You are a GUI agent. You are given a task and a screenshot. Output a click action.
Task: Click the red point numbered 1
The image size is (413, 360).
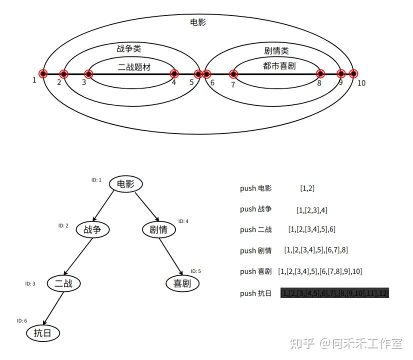(x=43, y=74)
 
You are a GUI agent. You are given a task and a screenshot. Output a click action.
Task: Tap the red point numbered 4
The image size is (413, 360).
(x=174, y=74)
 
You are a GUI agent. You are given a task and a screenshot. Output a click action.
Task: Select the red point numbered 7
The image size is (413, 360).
(x=233, y=74)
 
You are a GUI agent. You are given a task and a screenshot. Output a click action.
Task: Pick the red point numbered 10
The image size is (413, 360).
(x=353, y=74)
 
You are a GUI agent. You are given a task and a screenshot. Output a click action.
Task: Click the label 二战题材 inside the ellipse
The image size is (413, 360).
(x=134, y=67)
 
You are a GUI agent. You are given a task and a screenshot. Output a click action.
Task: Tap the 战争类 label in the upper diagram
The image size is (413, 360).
(x=128, y=48)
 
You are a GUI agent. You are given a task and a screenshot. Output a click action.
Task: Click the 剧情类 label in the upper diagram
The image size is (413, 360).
(x=276, y=50)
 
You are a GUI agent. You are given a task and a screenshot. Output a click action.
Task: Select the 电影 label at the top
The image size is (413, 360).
(x=198, y=22)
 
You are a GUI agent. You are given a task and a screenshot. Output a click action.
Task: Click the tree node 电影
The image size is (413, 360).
(x=126, y=184)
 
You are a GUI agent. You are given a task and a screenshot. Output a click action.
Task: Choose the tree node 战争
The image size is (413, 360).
(x=92, y=229)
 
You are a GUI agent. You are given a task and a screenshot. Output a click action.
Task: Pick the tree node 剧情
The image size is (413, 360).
(x=158, y=229)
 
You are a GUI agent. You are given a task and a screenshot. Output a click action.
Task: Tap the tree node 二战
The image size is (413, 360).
(x=63, y=283)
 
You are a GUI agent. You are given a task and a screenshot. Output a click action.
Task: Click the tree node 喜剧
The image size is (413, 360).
(x=182, y=283)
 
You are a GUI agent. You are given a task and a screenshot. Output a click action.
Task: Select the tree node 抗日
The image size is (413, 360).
(x=42, y=333)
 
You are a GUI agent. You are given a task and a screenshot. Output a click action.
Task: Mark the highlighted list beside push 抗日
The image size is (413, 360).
(x=334, y=293)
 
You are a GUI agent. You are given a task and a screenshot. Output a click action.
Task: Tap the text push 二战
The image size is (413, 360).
(x=255, y=229)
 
